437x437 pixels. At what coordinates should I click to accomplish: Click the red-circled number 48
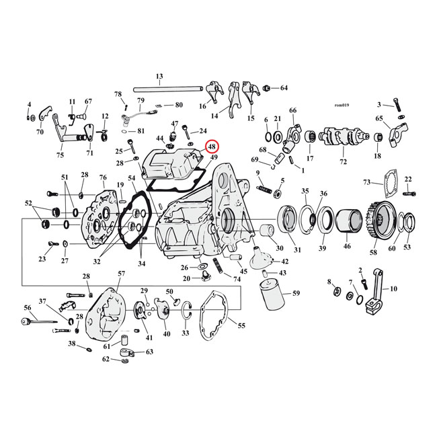tap(212, 147)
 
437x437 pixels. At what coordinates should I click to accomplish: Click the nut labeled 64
tap(267, 88)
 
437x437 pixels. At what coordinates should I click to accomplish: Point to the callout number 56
tap(28, 307)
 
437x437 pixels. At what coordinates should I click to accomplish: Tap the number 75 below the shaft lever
tap(61, 155)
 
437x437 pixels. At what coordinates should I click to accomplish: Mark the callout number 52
tap(28, 202)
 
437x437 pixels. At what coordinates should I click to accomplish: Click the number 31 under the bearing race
tap(297, 250)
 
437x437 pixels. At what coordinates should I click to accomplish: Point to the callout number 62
tap(106, 359)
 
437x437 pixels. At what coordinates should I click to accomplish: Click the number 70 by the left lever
tap(40, 132)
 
